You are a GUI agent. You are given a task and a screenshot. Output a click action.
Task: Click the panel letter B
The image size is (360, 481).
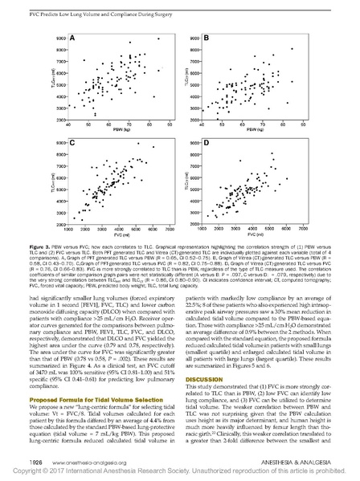pyautogui.click(x=206, y=38)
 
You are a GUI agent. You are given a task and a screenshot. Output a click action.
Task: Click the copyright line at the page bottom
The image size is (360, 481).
pyautogui.click(x=180, y=474)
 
